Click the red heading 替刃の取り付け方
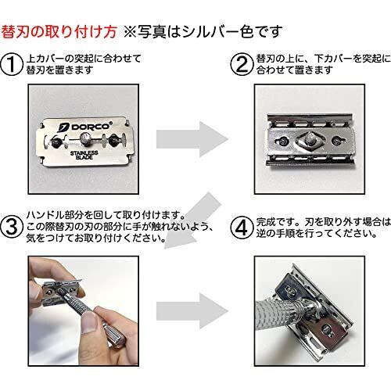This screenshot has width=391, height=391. pos(59,32)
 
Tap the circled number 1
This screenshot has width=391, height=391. pos(12,64)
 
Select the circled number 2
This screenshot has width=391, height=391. pos(242,64)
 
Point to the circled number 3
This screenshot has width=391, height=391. pos(12,227)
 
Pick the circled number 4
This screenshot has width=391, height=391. pos(242,227)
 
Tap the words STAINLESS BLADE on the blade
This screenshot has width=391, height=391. pos(84,155)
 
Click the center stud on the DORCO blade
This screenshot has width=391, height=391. pos(85,137)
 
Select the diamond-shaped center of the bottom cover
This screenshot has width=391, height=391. pos(309,140)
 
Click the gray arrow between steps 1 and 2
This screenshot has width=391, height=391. pos(192,139)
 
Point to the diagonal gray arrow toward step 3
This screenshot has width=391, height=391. pos(192,221)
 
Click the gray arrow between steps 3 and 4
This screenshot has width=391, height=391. pos(192,310)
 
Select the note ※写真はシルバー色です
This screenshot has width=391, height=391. pos(203,32)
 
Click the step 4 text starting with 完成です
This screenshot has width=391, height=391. pos(324,228)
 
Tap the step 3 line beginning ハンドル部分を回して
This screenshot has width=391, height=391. pos(106,215)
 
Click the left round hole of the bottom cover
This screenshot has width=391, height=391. pos(282,141)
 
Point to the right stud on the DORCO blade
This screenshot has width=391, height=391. pos(113,139)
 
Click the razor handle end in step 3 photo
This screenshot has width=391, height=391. pos(117,339)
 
